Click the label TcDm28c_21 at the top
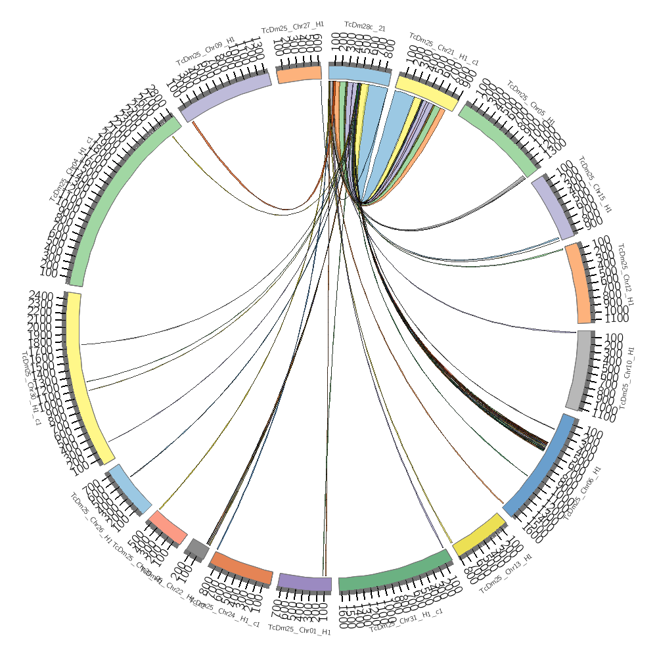(x=365, y=27)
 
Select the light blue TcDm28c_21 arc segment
(x=359, y=73)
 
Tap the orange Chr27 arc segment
(x=298, y=74)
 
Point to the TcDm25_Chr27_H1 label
(x=292, y=27)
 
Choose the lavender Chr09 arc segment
(x=225, y=97)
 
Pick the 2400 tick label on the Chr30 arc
(x=40, y=296)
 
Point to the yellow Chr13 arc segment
(x=479, y=534)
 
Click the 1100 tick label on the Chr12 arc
(x=614, y=318)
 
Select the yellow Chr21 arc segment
(x=427, y=93)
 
